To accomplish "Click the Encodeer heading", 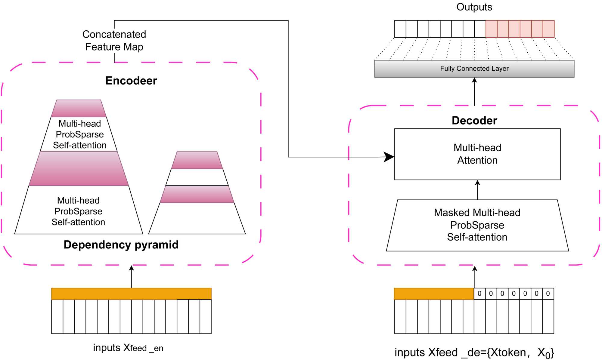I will click(x=131, y=81).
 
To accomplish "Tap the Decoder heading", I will click(x=474, y=120).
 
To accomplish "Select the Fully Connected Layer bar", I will click(x=474, y=69).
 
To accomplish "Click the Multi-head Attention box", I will click(x=477, y=154).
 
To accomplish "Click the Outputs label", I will click(x=474, y=7).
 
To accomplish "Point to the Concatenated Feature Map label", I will click(x=114, y=41).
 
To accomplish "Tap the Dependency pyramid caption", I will click(x=121, y=245).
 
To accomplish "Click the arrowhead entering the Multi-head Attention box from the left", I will click(x=389, y=157).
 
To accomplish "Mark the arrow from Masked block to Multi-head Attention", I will click(x=477, y=189).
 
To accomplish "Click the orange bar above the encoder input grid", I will click(x=131, y=294).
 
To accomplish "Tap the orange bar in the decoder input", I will click(x=434, y=294).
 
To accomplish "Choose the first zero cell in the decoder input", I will click(x=479, y=294).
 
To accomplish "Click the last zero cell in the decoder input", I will click(x=548, y=294).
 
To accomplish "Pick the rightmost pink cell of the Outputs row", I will click(x=548, y=29).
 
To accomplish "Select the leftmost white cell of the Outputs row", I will click(x=400, y=29).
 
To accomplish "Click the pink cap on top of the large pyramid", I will click(x=79, y=108).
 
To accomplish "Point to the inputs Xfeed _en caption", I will click(x=128, y=348).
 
